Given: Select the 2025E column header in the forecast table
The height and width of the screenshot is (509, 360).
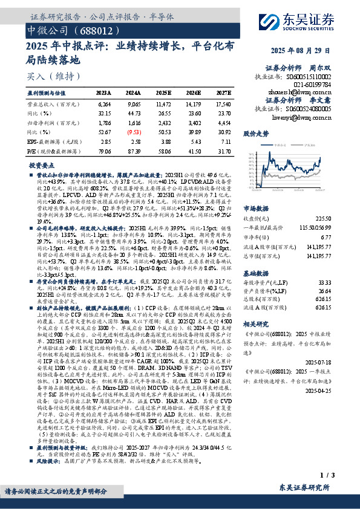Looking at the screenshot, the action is pyautogui.click(x=163, y=93).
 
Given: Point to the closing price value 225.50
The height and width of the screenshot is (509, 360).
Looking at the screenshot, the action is pyautogui.click(x=341, y=201).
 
